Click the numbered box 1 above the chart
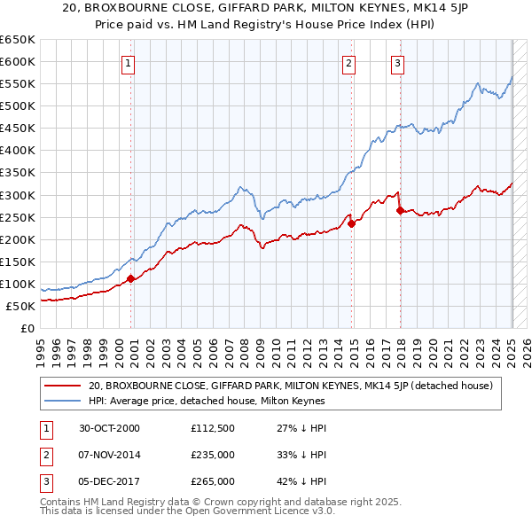tap(129, 63)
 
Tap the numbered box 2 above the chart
tap(349, 63)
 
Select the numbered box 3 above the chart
tap(398, 63)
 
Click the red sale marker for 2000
tap(131, 278)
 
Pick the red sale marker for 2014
tap(352, 223)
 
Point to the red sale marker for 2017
tap(400, 210)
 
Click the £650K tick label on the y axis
tap(18, 40)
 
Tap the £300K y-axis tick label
tap(18, 195)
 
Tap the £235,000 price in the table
tap(213, 455)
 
